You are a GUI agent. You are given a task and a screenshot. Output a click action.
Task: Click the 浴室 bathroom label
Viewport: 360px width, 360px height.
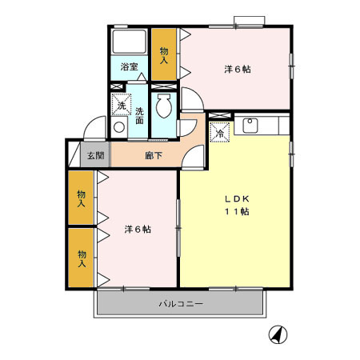click(129, 67)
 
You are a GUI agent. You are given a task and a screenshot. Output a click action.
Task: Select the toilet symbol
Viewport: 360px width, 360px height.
click(165, 106)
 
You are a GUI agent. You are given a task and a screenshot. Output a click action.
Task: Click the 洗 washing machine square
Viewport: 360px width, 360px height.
click(121, 105)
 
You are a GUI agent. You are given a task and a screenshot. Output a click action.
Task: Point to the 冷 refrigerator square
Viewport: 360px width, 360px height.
click(219, 133)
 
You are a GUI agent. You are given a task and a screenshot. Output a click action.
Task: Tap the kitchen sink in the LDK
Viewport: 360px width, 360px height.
click(249, 125)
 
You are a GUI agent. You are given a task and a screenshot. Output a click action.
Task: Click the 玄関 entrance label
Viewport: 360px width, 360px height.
click(95, 155)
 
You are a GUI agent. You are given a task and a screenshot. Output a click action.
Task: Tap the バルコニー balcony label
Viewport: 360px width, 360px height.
click(180, 304)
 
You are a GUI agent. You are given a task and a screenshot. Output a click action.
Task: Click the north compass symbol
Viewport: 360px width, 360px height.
click(278, 335)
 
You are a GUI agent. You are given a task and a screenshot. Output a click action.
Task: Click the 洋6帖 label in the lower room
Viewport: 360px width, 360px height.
click(138, 230)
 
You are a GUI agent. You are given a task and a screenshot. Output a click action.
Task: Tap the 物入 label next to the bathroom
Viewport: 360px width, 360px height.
click(164, 54)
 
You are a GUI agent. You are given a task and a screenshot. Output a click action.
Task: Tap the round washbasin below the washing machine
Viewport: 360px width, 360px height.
click(120, 126)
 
